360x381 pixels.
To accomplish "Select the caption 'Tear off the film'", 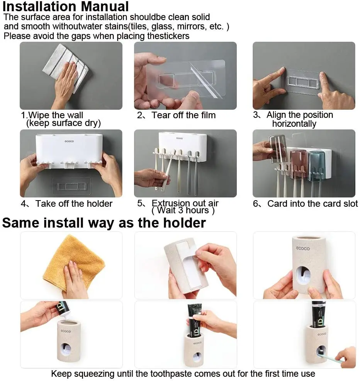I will (183, 115).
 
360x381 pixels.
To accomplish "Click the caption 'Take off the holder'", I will (73, 203).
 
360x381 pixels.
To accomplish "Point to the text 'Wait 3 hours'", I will (183, 211).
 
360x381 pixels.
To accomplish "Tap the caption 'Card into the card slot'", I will (312, 203).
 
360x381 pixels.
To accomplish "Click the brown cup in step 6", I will (298, 162).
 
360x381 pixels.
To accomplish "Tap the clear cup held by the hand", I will (277, 149).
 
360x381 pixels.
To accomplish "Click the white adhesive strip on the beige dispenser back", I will (185, 263).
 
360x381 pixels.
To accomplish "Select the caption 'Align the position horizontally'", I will (299, 119).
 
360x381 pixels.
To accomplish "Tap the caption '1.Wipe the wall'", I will (52, 115).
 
